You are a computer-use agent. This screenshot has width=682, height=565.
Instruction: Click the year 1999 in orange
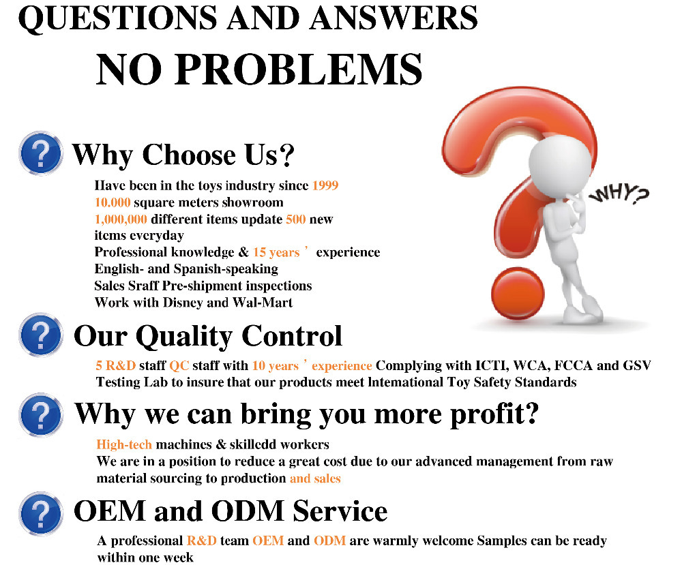[325, 185]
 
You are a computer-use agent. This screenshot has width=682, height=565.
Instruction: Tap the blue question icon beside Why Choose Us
[41, 153]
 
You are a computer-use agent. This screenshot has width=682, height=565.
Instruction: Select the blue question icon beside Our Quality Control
[41, 335]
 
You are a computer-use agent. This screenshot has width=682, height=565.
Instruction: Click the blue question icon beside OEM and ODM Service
[41, 513]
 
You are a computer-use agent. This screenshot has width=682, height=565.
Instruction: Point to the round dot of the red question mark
[518, 294]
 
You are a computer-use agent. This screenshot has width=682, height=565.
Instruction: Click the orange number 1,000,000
[121, 219]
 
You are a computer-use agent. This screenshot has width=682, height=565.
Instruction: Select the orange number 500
[296, 219]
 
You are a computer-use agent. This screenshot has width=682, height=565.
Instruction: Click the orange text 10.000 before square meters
[113, 202]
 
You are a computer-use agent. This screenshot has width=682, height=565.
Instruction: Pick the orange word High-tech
[124, 445]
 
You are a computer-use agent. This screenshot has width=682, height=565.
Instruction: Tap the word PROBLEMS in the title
[299, 69]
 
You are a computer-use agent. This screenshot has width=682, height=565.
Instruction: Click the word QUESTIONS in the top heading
[117, 18]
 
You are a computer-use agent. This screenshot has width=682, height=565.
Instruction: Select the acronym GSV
[637, 365]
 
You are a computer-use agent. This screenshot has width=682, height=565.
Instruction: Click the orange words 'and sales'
[315, 478]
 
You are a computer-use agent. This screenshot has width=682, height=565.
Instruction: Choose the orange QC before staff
[179, 366]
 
